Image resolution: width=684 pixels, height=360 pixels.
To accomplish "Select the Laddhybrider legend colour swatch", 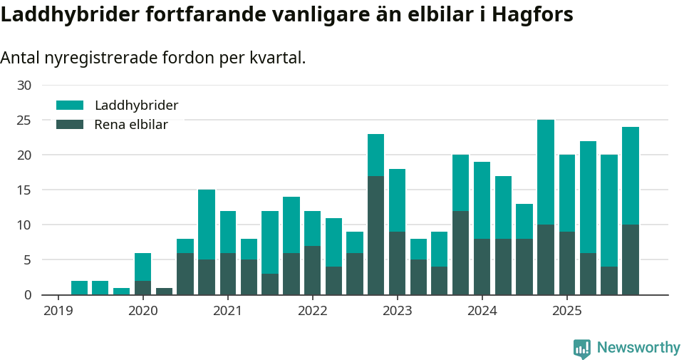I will coord(70,106).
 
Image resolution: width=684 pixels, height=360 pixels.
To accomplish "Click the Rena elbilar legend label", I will coord(131,125).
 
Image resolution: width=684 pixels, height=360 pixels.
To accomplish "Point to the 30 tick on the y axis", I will coord(24,86).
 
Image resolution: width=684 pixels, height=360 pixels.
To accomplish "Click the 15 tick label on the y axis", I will coord(24,190).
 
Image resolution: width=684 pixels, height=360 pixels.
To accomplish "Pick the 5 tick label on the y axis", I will coord(28,260).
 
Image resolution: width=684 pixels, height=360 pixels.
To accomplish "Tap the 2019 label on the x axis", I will coord(58,311).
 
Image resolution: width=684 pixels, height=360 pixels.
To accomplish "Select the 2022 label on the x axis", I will coord(312,311).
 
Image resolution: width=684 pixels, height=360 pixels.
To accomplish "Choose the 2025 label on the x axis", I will coord(566,311).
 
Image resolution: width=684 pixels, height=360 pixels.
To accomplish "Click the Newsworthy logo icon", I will coord(581,348).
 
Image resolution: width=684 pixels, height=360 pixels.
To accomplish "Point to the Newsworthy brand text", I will coord(638,348).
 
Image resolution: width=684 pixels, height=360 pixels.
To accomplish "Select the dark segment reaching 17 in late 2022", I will coord(375,235).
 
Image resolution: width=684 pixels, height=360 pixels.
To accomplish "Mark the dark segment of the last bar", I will coord(631,259).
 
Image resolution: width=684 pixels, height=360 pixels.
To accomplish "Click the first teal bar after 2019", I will coord(79,288).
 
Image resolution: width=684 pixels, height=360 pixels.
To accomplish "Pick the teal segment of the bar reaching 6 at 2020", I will coord(142,267).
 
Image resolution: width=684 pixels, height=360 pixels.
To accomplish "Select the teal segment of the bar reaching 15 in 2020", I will coord(207,225).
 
